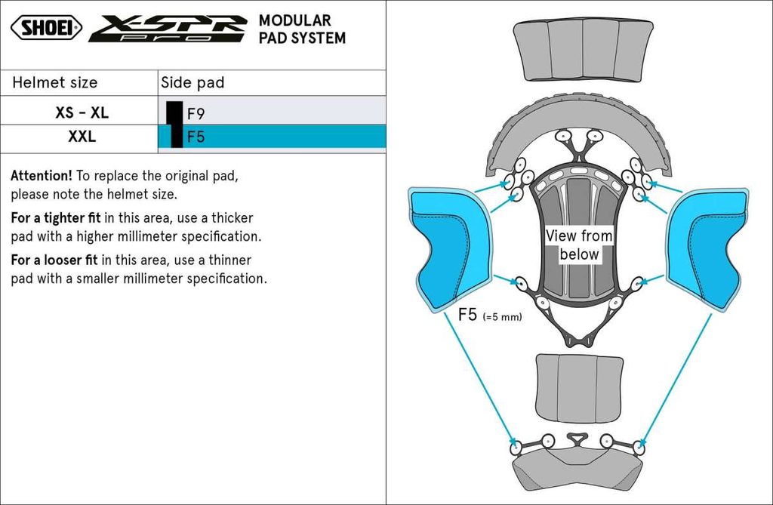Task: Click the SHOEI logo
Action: click(x=46, y=28)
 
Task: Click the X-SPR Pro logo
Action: click(x=168, y=29)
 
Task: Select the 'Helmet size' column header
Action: click(x=55, y=82)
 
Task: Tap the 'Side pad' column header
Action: click(x=192, y=82)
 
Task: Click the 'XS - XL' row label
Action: click(x=82, y=113)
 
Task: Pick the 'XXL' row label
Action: click(x=82, y=137)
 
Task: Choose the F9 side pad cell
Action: click(x=196, y=114)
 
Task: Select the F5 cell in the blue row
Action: click(x=196, y=137)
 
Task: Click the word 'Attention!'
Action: click(x=42, y=176)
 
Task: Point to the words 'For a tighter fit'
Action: click(x=55, y=218)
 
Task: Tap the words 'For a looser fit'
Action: click(x=55, y=260)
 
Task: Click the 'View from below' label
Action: click(x=579, y=245)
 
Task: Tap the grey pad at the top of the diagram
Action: click(x=583, y=50)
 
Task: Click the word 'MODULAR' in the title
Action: click(x=294, y=20)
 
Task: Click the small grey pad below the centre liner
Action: click(x=579, y=388)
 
